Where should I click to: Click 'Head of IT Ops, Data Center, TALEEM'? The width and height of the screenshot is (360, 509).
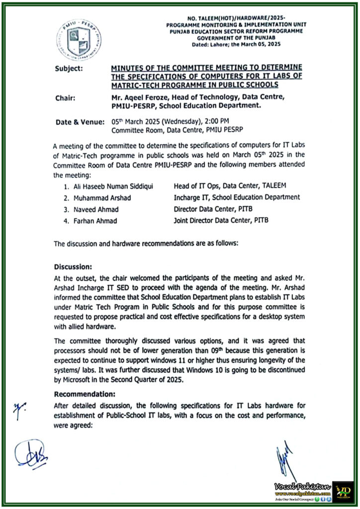pos(231,186)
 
